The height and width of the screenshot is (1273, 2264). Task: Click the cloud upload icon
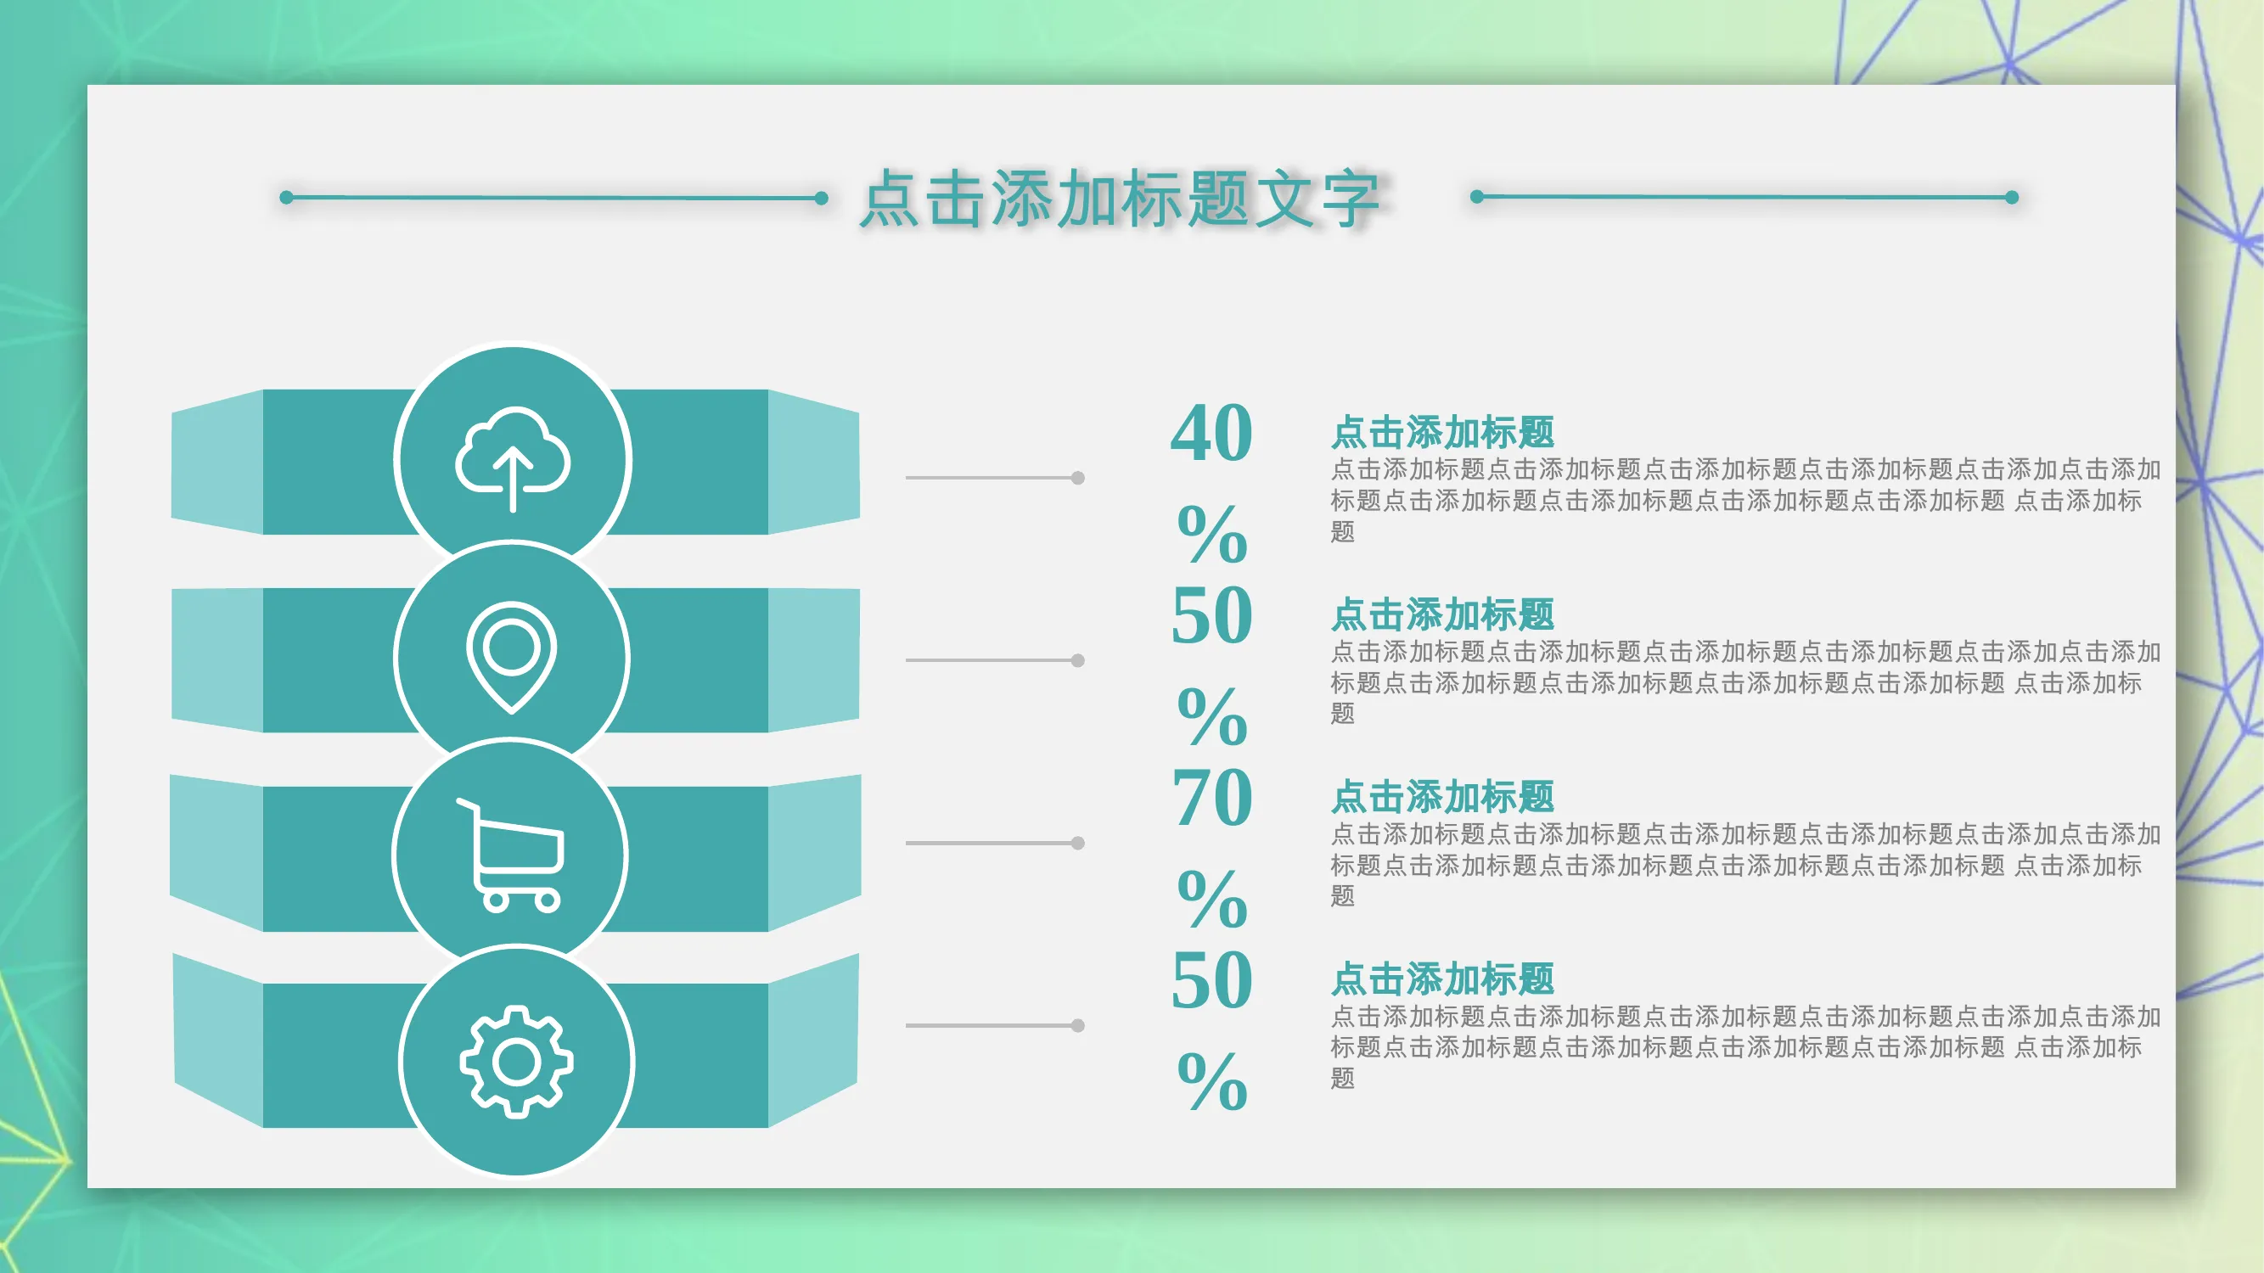[x=514, y=458]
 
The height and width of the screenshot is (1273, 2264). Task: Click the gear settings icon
[x=517, y=1063]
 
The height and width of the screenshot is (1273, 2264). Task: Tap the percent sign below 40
[x=1212, y=533]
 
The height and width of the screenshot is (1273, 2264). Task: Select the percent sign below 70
[x=1212, y=899]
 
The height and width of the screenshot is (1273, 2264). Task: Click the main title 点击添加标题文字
[x=1120, y=199]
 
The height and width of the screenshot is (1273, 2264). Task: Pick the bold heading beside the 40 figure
[x=1442, y=432]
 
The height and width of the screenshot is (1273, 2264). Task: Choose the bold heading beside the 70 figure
[x=1442, y=797]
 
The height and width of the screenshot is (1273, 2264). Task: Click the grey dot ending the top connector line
[x=1077, y=478]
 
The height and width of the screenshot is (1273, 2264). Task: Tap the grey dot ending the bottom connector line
[x=1077, y=1025]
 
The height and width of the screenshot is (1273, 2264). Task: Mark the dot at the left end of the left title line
[x=287, y=198]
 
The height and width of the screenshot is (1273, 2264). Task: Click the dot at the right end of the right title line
[x=2012, y=198]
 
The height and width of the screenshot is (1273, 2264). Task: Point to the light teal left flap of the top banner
[x=217, y=463]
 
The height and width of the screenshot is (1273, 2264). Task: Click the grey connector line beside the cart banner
[x=992, y=844]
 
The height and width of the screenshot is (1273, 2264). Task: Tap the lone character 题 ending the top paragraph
[x=1343, y=531]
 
